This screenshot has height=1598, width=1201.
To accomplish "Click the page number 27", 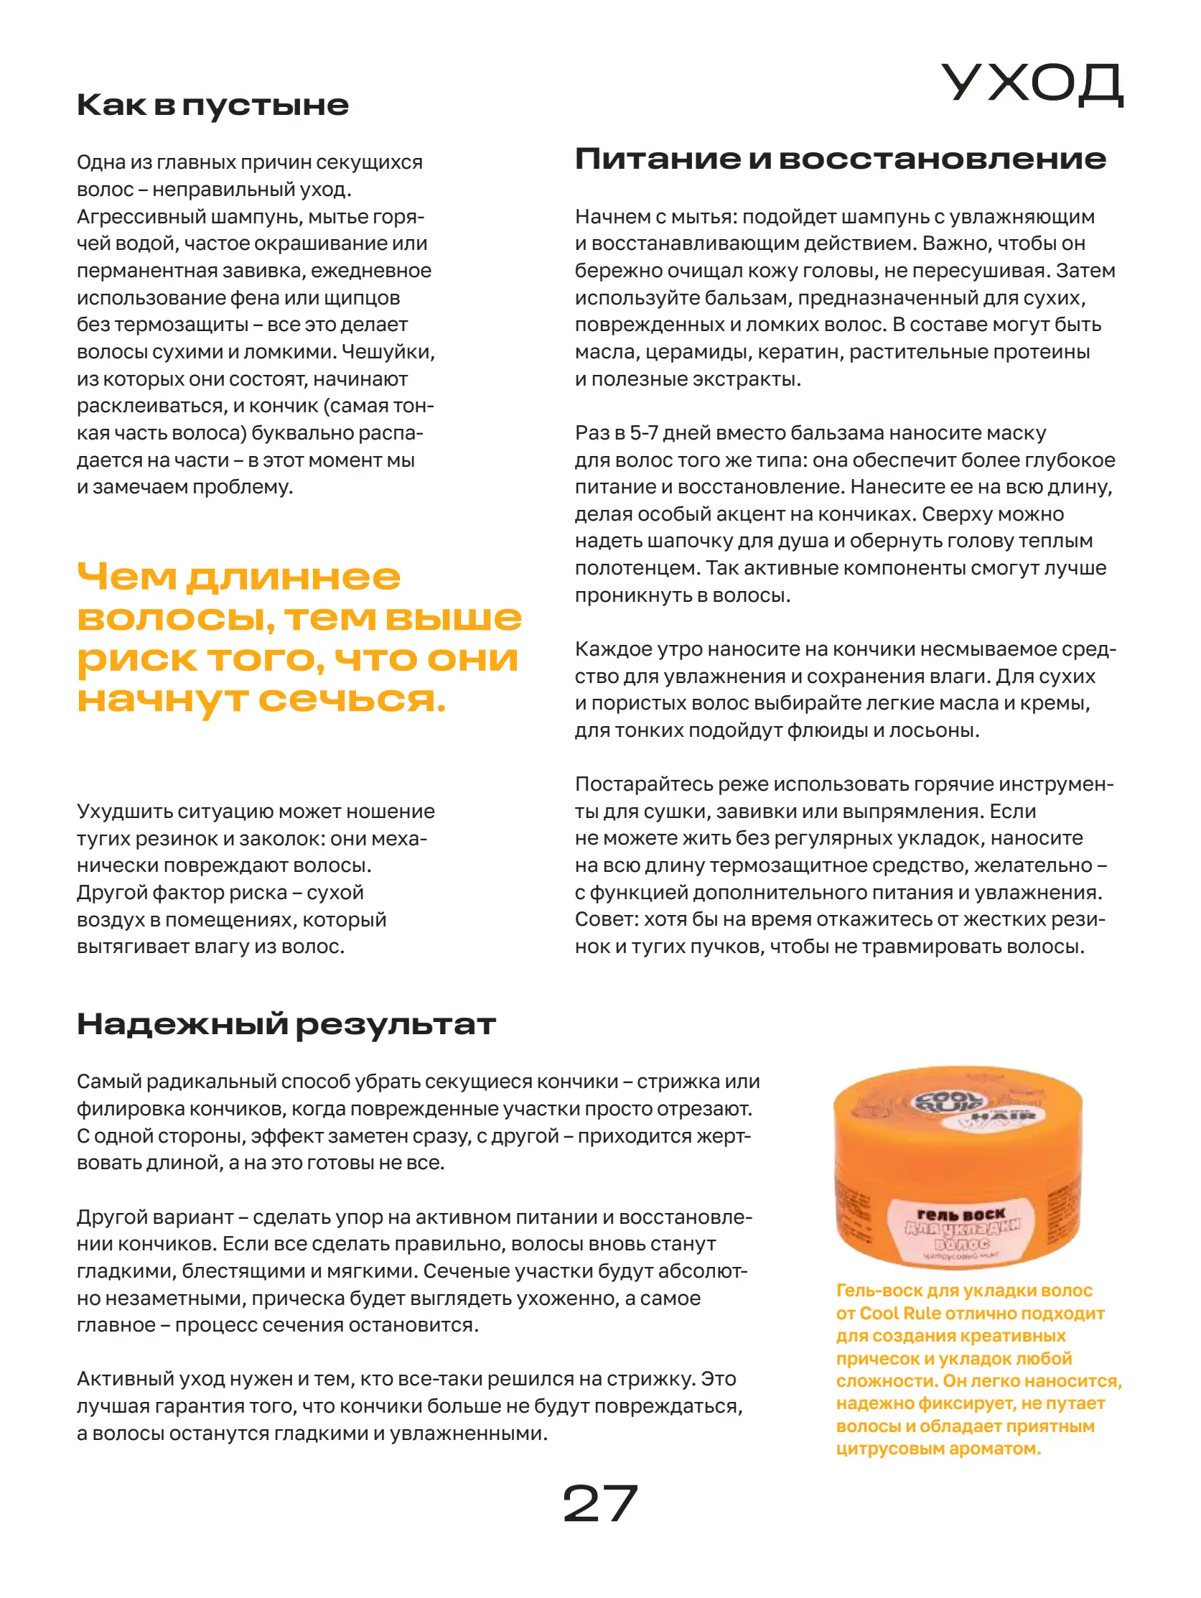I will (599, 1503).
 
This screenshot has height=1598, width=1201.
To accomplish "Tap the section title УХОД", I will (1032, 84).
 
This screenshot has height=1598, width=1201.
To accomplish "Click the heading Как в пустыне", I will (212, 106).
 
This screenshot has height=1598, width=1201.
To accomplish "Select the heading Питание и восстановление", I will (840, 159).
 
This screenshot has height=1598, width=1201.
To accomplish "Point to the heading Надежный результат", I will (286, 1024).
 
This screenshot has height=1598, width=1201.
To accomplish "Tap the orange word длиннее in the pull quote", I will (292, 577).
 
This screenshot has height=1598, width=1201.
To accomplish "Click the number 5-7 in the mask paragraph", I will (642, 433).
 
